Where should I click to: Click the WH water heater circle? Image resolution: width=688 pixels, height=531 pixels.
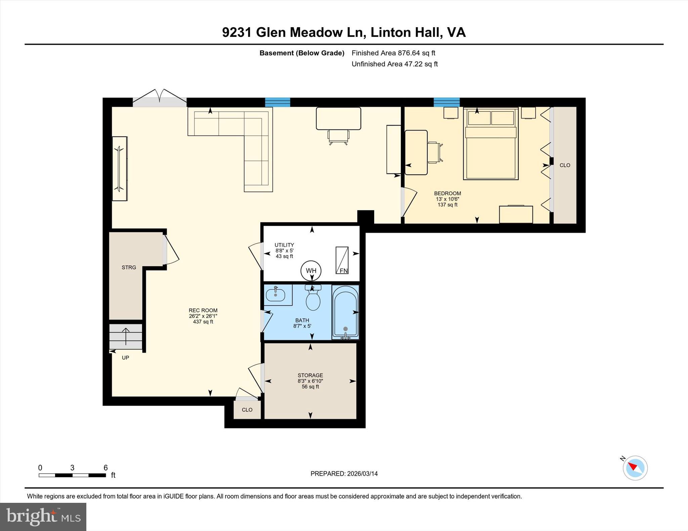[x=311, y=270]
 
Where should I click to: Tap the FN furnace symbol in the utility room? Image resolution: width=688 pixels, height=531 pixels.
[x=342, y=260]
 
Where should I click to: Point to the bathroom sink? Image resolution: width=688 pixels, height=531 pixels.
[x=275, y=295]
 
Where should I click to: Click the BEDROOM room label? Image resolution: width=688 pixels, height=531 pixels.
[x=447, y=194]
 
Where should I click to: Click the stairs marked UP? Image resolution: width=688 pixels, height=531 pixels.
[x=126, y=336]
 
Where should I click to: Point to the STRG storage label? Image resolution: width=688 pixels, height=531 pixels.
[x=129, y=267]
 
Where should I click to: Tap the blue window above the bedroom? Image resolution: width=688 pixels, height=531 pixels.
[x=446, y=102]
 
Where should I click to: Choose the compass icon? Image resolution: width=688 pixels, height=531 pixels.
[x=635, y=468]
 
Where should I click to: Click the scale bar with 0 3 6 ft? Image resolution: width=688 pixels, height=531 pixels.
[x=72, y=475]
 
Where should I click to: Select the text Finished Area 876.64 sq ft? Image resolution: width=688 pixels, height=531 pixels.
[x=393, y=53]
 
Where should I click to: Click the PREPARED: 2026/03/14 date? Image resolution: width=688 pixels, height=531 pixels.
[x=344, y=474]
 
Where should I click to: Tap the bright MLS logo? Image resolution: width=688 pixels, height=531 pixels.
[x=43, y=517]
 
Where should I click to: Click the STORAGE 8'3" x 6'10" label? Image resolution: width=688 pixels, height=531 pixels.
[x=310, y=381]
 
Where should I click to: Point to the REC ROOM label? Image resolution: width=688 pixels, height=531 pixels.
[x=203, y=311]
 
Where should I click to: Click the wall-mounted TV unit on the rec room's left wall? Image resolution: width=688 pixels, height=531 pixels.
[x=120, y=168]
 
